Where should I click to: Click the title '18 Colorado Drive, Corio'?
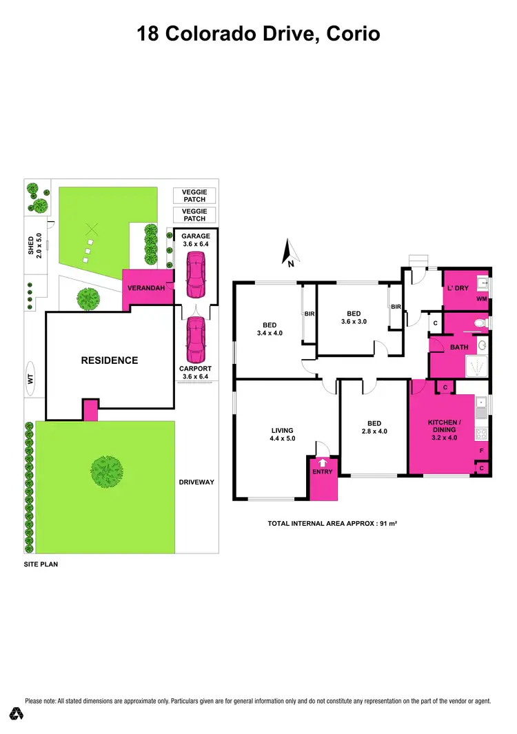258,32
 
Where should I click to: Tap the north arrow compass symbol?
290,253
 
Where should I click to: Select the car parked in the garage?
195,273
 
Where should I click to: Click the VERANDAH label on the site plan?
147,288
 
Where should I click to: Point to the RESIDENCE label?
110,360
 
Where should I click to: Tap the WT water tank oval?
30,378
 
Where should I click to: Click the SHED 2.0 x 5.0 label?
34,245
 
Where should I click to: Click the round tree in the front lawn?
106,471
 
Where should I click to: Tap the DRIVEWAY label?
196,482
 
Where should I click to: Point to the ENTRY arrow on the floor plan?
322,462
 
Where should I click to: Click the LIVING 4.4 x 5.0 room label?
281,434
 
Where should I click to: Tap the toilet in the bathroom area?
483,322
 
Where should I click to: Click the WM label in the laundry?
482,299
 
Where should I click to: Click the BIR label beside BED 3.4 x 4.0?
310,314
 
